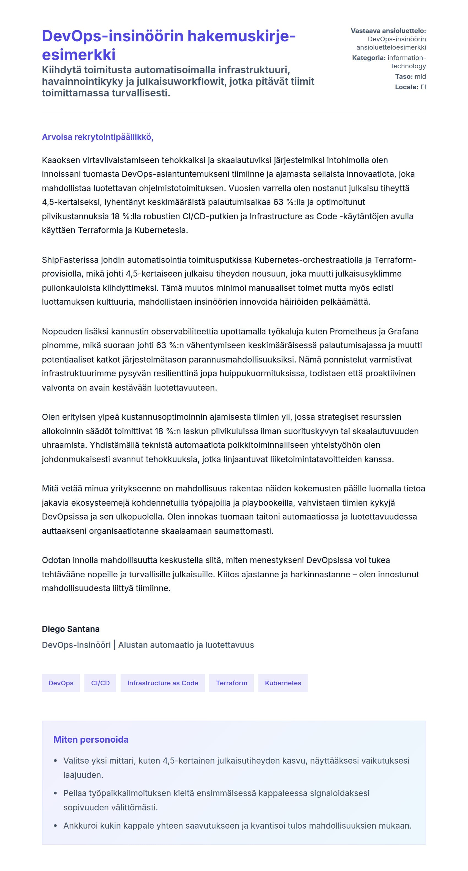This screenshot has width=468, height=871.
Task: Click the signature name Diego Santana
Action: click(x=71, y=629)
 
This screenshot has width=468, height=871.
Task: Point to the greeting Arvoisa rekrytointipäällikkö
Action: click(x=98, y=137)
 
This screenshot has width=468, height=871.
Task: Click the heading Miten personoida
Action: click(x=91, y=740)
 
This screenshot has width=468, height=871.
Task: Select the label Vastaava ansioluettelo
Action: click(x=388, y=31)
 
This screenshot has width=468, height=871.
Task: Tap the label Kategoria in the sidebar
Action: click(x=368, y=58)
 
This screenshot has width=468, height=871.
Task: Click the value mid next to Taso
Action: click(x=420, y=76)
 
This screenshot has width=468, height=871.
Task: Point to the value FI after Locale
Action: click(x=423, y=87)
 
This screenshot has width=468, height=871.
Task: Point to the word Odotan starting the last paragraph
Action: click(x=55, y=560)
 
